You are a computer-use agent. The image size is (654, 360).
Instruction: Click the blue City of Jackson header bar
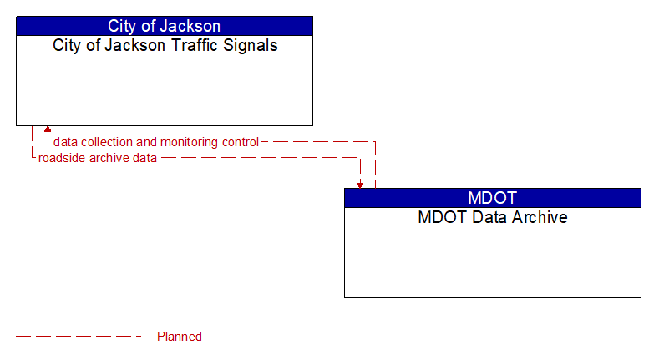coord(164,26)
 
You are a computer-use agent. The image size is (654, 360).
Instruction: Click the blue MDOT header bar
coord(492,198)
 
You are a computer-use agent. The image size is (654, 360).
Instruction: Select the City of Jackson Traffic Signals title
coord(165,46)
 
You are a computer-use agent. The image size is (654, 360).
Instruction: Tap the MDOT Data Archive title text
coord(492,218)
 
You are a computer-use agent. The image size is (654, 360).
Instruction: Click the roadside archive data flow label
coord(97,158)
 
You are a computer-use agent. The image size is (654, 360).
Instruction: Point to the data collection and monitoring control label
coord(156,142)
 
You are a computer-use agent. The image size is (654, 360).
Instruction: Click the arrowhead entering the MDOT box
coord(360,184)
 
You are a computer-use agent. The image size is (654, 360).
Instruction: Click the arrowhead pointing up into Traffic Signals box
coord(48,130)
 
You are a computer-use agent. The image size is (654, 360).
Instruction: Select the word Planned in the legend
coord(180,337)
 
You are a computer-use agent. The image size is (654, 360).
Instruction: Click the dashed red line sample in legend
coord(79,337)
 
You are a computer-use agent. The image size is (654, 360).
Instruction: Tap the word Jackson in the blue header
coord(193,26)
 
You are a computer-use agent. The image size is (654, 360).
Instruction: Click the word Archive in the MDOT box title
coord(540,218)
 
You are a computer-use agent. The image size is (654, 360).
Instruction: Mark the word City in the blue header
coord(123,26)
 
